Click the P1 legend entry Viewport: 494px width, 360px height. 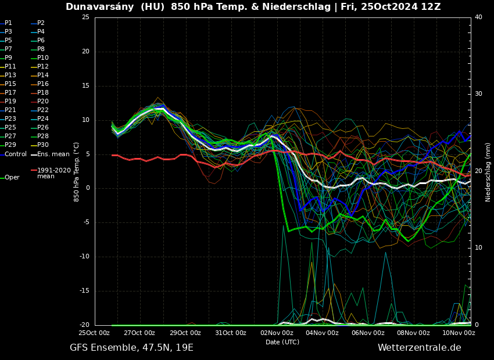[x=8, y=23]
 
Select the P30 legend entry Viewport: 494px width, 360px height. [x=43, y=145]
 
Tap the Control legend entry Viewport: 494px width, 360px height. [x=16, y=154]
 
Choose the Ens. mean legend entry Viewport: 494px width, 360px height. [x=53, y=154]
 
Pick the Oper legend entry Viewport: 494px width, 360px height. [x=12, y=178]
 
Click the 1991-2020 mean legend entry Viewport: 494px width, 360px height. [x=53, y=173]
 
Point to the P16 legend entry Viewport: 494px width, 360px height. [x=43, y=84]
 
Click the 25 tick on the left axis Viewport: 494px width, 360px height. [x=85, y=17]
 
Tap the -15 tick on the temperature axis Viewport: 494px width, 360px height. [x=84, y=291]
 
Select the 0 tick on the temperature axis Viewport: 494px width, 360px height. [x=87, y=188]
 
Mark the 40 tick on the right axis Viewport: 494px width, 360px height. [x=478, y=17]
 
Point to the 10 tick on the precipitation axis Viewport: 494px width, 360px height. [x=478, y=248]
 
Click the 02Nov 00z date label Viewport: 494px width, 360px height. [x=277, y=333]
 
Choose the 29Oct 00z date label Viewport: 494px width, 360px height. [x=185, y=333]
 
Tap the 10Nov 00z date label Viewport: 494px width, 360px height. [x=459, y=333]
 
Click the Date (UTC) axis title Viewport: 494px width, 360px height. [x=282, y=342]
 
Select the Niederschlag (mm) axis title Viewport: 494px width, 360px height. [x=488, y=172]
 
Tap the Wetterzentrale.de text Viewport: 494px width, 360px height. [x=419, y=348]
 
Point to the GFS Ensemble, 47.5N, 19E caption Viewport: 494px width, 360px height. [x=131, y=348]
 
